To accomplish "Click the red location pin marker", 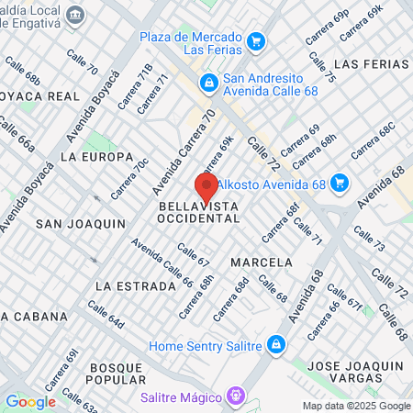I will click(205, 186).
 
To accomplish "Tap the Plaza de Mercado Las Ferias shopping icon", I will click(256, 41).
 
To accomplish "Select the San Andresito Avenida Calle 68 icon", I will click(209, 84).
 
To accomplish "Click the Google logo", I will click(30, 401).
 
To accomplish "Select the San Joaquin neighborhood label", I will click(80, 224).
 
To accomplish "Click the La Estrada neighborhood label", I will click(135, 286).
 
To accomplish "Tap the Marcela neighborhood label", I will click(262, 262).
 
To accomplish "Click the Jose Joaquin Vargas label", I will click(358, 372).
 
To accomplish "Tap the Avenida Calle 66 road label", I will click(162, 262).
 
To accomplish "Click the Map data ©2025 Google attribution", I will click(357, 406).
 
